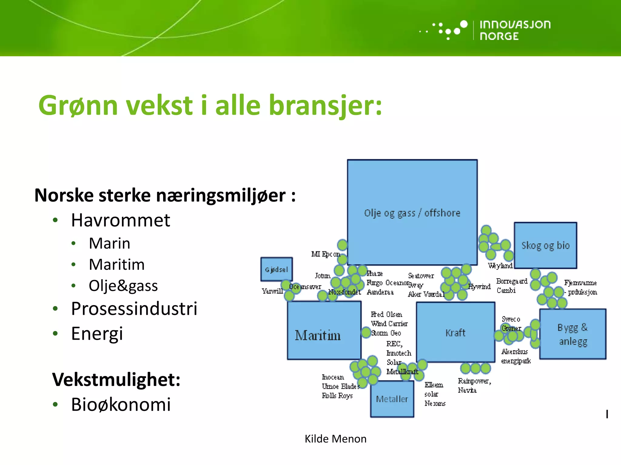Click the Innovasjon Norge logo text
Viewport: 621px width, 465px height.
pos(515,30)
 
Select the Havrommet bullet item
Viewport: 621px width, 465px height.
pos(120,220)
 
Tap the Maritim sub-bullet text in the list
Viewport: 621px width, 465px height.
pos(117,264)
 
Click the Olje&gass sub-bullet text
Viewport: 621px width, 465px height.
pos(123,285)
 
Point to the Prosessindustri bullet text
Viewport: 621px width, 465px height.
pos(134,308)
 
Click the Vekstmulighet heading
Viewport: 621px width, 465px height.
pos(116,379)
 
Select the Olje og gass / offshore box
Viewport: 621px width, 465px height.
pos(412,213)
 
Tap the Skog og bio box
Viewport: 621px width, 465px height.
pos(545,245)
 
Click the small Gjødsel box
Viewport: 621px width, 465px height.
pos(276,269)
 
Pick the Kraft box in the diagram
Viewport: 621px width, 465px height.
pos(455,332)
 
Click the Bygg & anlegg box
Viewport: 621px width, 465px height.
pos(572,334)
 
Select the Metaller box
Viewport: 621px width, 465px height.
pos(392,399)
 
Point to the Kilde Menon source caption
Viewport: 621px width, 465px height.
pos(335,439)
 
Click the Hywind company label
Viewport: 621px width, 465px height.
pos(479,286)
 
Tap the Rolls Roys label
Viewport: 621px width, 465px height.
pos(337,396)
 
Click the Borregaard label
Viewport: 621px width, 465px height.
pos(512,281)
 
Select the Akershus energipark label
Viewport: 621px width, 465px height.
pos(515,356)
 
